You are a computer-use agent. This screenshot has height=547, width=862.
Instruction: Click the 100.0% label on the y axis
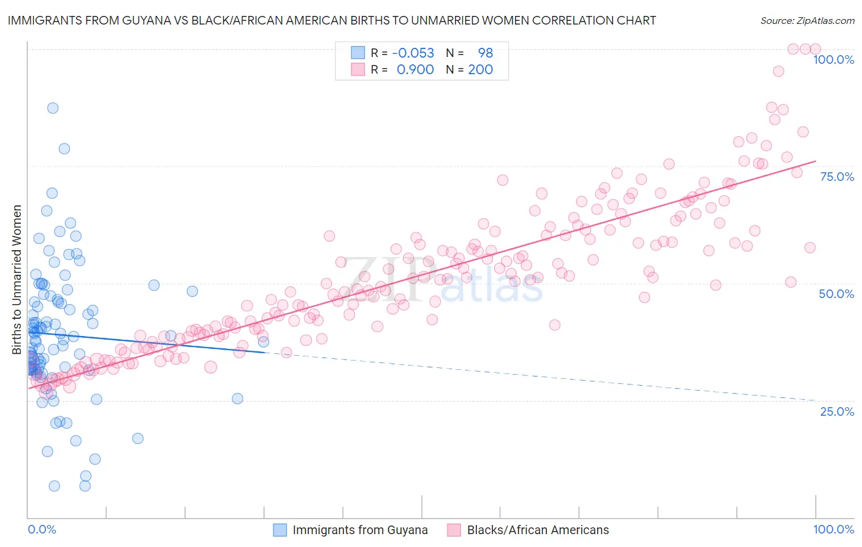coord(833,59)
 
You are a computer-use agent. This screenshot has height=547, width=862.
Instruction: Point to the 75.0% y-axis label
coord(837,177)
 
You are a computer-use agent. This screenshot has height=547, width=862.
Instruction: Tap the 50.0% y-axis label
coord(836,294)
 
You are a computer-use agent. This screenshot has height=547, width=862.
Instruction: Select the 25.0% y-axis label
coord(837,411)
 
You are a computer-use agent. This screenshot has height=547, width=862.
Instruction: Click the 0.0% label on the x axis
coord(42,529)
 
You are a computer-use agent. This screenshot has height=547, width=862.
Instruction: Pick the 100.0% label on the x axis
coord(833,529)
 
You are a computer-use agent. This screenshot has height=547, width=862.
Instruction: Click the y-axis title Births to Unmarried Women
coord(17,280)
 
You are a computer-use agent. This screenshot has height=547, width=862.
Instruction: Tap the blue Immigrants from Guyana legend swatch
coord(280,530)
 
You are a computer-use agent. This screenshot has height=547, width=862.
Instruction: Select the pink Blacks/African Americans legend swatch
coord(454,530)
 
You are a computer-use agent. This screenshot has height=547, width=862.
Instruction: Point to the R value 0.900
coord(415,69)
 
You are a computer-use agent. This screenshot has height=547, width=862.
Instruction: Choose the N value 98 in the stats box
coord(485,53)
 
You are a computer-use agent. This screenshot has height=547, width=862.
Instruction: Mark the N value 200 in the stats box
coord(480,69)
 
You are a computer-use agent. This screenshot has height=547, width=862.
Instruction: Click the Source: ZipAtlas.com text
coord(807,20)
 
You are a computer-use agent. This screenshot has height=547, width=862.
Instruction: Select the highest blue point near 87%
coord(53,108)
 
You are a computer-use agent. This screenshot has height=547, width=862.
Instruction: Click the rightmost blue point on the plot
coord(263,342)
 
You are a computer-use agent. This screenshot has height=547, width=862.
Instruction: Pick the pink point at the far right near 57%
coord(810,248)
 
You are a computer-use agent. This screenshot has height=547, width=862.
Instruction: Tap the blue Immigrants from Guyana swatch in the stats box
coord(357,53)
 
